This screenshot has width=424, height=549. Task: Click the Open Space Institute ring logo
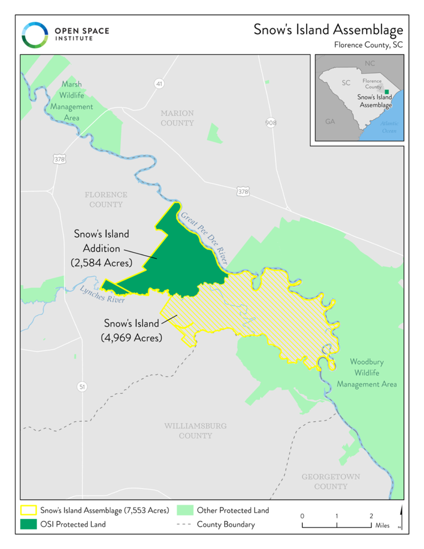tap(35, 35)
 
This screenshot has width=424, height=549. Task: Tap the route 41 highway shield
tap(159, 84)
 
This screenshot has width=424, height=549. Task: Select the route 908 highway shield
tap(271, 123)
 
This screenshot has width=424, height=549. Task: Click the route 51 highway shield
tap(82, 387)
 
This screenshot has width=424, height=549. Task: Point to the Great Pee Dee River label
tap(205, 238)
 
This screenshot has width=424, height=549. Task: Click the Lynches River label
tap(102, 294)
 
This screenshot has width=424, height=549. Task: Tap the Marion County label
tap(177, 118)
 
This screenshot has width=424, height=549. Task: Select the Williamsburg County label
tap(195, 431)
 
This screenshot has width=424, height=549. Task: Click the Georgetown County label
tap(331, 482)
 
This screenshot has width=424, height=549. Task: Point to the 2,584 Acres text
tap(101, 263)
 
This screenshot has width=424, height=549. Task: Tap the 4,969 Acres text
tap(131, 338)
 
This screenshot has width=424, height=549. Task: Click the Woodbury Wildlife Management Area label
tap(367, 373)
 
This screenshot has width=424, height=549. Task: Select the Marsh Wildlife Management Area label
tap(71, 101)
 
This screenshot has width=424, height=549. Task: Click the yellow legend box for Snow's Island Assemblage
tap(28, 510)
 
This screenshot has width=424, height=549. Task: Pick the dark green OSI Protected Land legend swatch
tap(28, 524)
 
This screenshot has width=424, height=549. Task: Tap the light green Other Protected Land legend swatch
tap(185, 510)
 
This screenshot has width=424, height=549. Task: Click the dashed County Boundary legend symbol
tap(184, 524)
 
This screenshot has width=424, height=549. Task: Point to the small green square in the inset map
tap(387, 92)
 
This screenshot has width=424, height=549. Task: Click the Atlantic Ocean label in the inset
tap(389, 127)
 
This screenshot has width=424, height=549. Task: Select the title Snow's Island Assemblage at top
tap(328, 30)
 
